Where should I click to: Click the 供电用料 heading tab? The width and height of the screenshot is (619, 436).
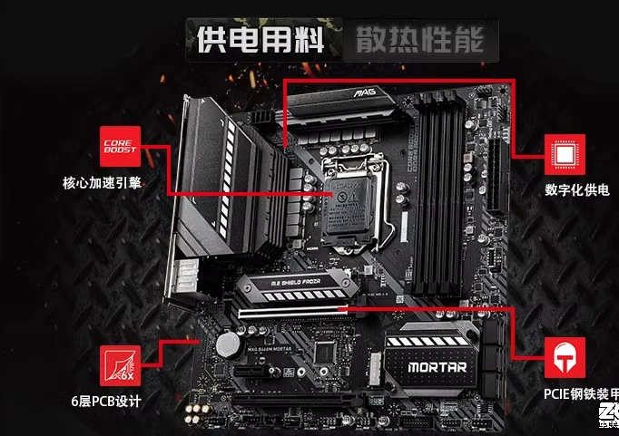click(x=259, y=39)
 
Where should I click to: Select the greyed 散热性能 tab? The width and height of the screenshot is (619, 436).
click(x=413, y=39)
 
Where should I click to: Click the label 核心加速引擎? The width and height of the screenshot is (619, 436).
click(x=102, y=183)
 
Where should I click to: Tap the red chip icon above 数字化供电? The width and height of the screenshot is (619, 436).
click(x=563, y=155)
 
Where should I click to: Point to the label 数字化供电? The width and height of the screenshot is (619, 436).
click(x=576, y=190)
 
